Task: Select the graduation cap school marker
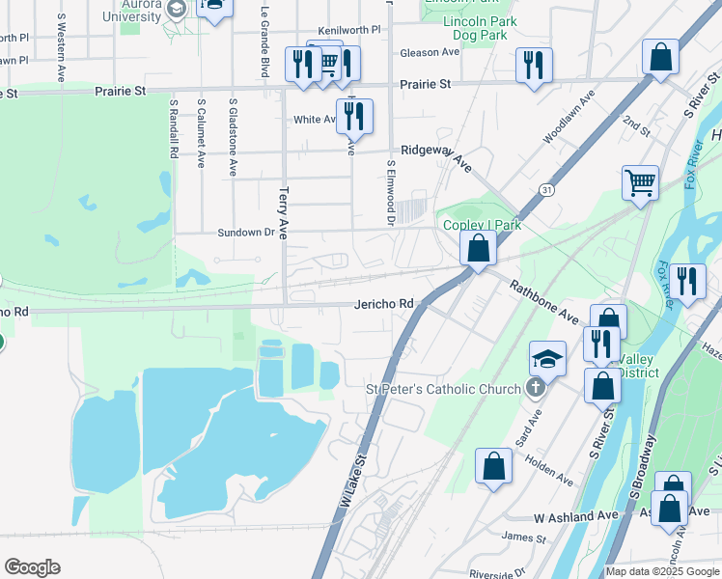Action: point(548,361)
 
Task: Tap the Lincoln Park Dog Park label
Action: point(480,28)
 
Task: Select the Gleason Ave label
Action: point(430,52)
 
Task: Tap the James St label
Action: point(524,537)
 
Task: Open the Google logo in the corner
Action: point(32,567)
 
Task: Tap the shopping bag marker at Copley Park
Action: point(478,248)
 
